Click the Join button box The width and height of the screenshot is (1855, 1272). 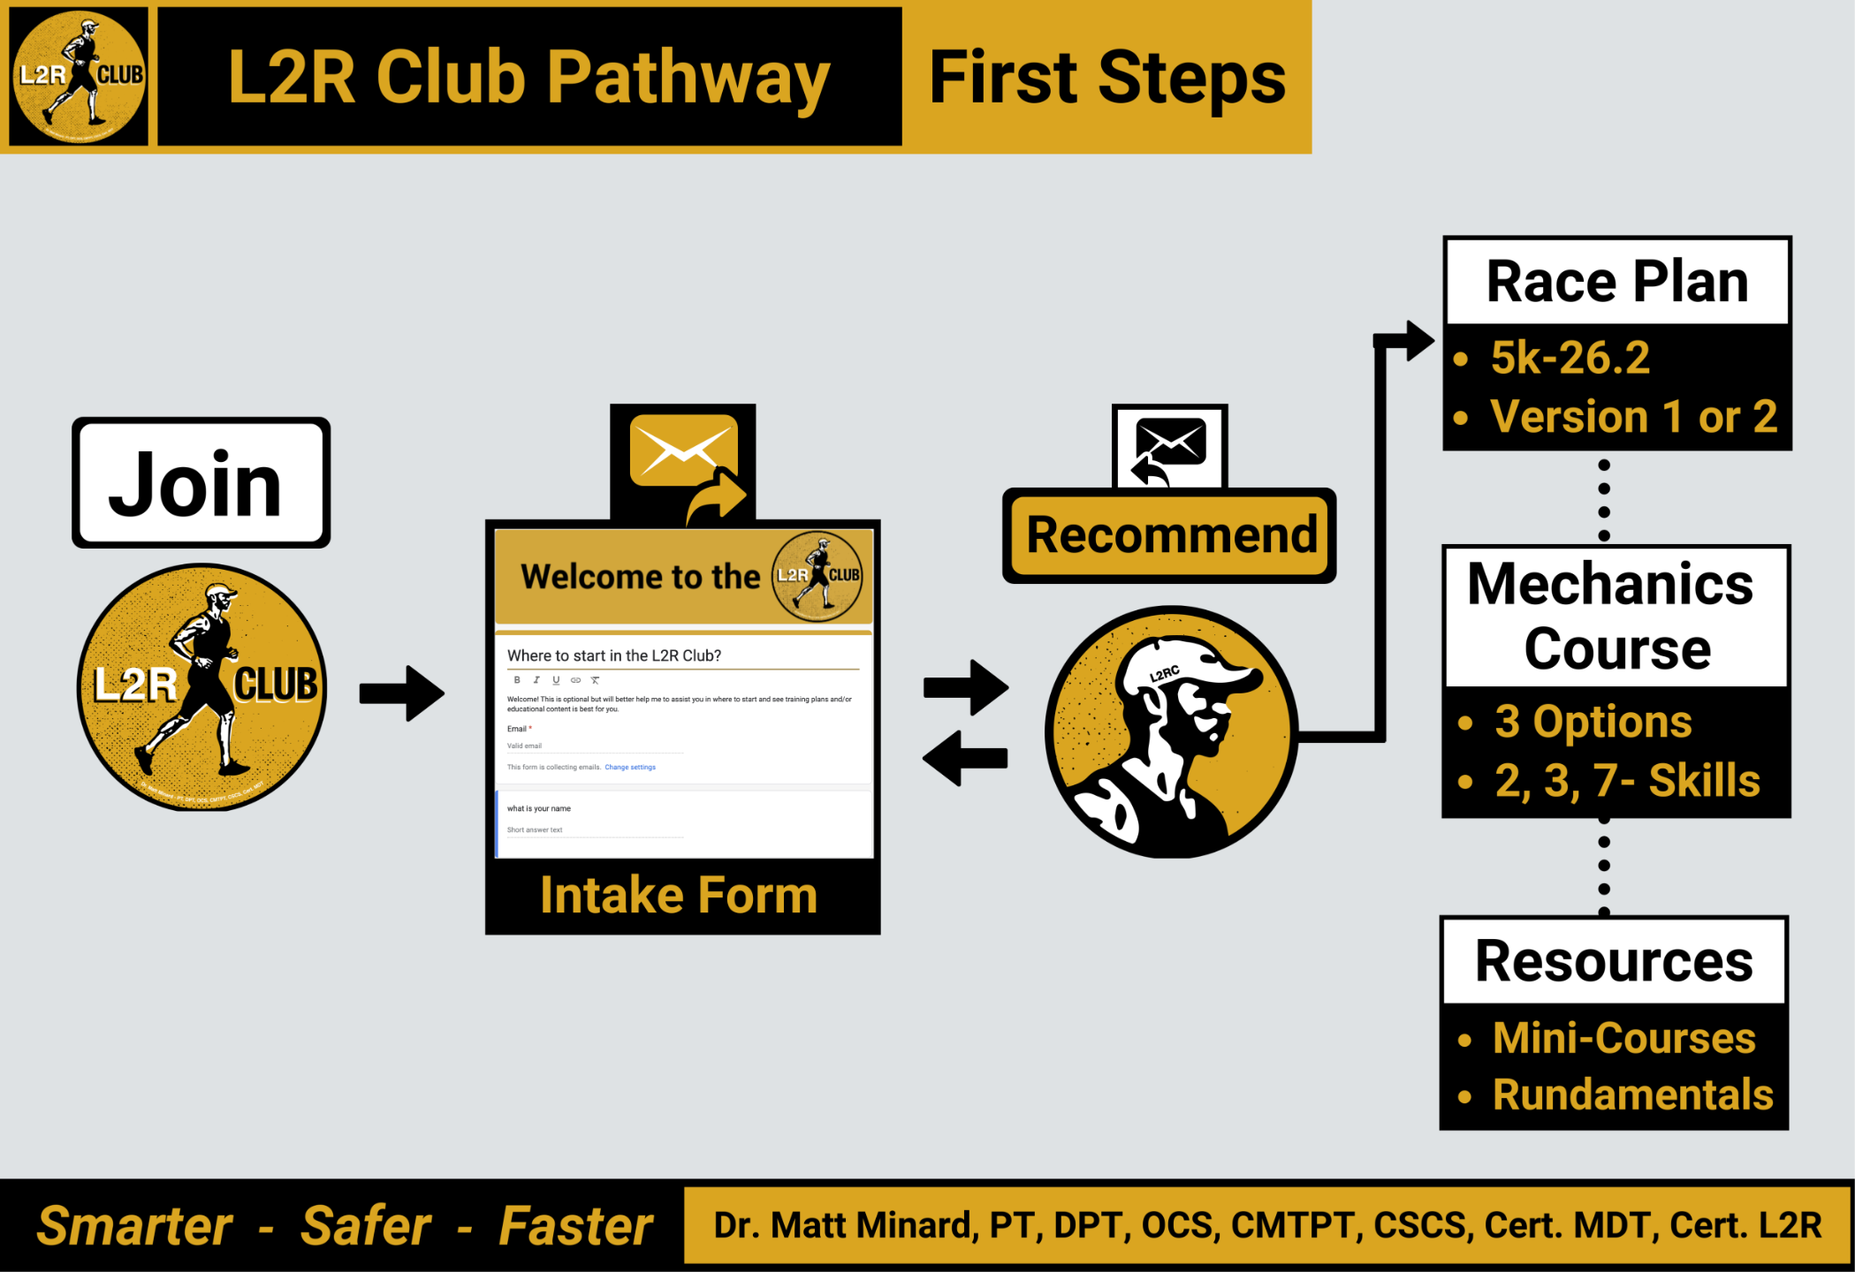(x=201, y=482)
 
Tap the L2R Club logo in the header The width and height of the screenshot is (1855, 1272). (x=79, y=77)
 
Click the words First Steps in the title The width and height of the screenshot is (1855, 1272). (x=1106, y=78)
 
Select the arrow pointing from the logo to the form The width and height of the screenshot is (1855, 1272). (x=402, y=693)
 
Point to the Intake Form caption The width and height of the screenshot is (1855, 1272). (x=679, y=896)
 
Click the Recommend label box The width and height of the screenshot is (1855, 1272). (x=1170, y=535)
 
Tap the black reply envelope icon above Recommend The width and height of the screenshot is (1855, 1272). (x=1170, y=447)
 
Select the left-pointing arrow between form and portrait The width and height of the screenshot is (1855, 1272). (x=965, y=758)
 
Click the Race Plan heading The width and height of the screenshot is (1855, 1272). (x=1617, y=282)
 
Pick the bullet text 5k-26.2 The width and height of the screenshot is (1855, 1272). (x=1570, y=358)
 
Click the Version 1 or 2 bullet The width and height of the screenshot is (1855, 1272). (x=1633, y=416)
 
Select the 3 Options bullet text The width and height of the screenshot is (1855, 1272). (x=1593, y=722)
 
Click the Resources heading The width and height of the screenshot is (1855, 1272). (x=1614, y=961)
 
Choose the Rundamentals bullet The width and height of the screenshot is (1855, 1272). (x=1632, y=1094)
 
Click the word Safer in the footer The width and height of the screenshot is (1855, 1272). (x=366, y=1226)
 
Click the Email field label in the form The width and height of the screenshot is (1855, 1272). (x=517, y=729)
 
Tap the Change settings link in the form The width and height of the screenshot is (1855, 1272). (x=630, y=768)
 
